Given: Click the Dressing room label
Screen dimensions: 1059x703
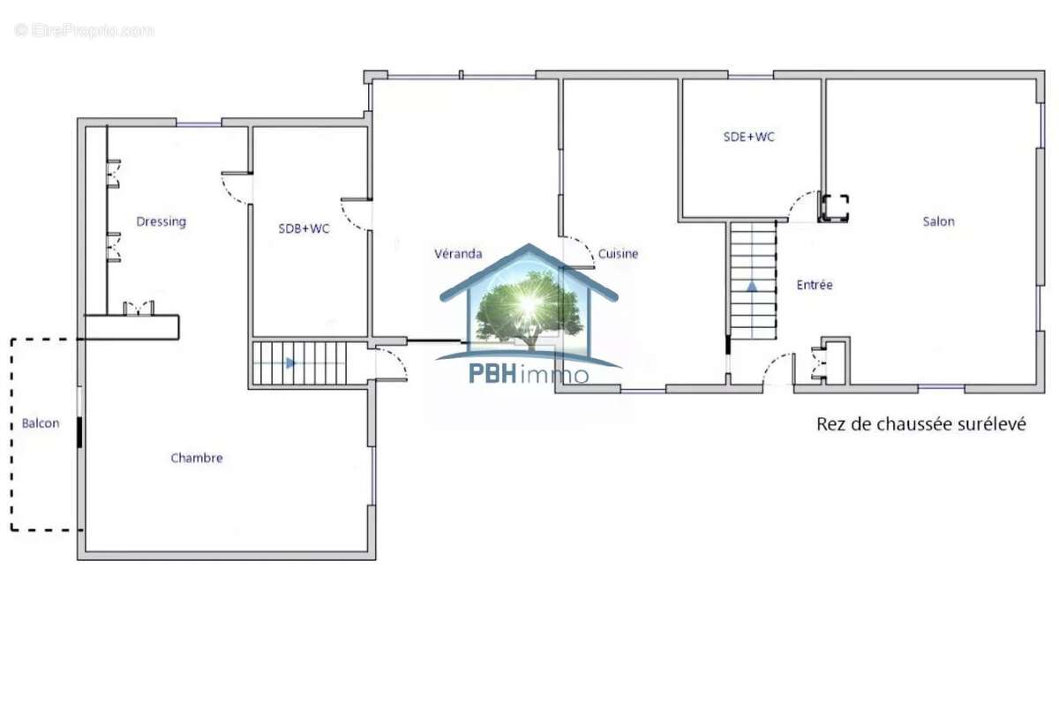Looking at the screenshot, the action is tap(161, 221).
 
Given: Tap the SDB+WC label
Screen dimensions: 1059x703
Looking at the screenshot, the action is tap(304, 228).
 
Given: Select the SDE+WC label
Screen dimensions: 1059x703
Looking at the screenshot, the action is tap(749, 137).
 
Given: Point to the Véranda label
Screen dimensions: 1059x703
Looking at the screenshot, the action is tap(458, 254).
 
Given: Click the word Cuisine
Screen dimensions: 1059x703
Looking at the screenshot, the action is tap(618, 254).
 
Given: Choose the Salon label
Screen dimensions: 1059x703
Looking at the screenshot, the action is tap(938, 221).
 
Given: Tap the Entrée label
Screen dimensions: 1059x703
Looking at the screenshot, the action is tap(815, 284).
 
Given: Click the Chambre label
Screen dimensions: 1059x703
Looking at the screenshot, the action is tap(197, 458).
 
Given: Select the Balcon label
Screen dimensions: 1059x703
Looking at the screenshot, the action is tap(41, 423).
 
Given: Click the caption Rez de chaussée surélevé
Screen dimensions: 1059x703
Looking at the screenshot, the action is tap(921, 423).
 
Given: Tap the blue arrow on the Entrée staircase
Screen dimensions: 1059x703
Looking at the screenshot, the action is tap(752, 287).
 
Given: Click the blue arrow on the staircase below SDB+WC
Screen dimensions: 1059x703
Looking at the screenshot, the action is tap(290, 363).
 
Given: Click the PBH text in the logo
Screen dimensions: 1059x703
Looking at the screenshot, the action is tap(492, 374).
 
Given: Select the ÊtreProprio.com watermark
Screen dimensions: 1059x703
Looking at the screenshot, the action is tap(84, 31).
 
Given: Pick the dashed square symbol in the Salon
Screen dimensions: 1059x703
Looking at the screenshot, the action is tap(836, 208).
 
